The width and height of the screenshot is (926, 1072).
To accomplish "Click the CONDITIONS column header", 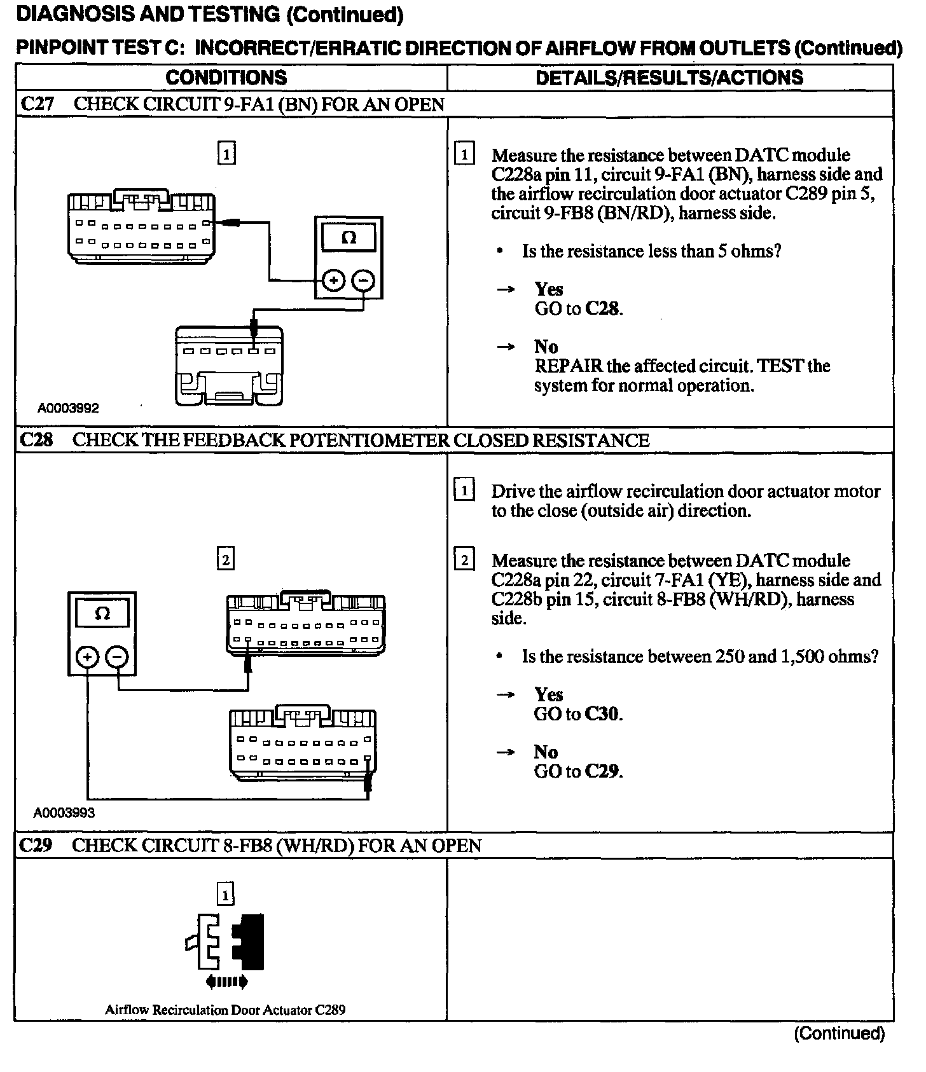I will pyautogui.click(x=226, y=78).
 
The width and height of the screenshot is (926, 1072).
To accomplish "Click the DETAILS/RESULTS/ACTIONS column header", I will pyautogui.click(x=669, y=78).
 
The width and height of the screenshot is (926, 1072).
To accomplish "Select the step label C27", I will pyautogui.click(x=38, y=104).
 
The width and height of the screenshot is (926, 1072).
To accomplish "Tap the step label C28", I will pyautogui.click(x=37, y=440).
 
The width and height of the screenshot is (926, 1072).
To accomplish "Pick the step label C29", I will pyautogui.click(x=36, y=845).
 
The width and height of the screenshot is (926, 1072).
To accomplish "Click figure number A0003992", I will pyautogui.click(x=68, y=408).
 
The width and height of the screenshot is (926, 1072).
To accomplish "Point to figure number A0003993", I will pyautogui.click(x=64, y=813).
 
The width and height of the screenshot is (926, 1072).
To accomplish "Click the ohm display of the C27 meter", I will pyautogui.click(x=349, y=238).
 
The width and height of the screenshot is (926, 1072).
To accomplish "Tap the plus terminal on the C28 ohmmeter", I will pyautogui.click(x=87, y=656).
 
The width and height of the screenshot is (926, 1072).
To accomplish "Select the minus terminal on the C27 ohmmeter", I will pyautogui.click(x=363, y=280).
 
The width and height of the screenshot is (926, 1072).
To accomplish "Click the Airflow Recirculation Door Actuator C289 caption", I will pyautogui.click(x=225, y=1010).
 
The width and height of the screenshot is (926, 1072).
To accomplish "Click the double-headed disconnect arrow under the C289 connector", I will pyautogui.click(x=226, y=982).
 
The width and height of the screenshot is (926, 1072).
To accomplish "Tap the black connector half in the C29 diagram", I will pyautogui.click(x=250, y=942).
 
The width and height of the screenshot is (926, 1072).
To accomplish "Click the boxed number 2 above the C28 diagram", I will pyautogui.click(x=225, y=560).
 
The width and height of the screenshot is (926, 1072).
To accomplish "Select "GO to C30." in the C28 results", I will pyautogui.click(x=577, y=714).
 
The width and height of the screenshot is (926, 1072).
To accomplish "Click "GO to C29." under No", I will pyautogui.click(x=577, y=771).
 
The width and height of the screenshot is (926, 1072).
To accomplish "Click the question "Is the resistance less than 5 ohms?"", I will pyautogui.click(x=651, y=251).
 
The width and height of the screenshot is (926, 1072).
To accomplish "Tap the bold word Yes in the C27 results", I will pyautogui.click(x=548, y=289).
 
